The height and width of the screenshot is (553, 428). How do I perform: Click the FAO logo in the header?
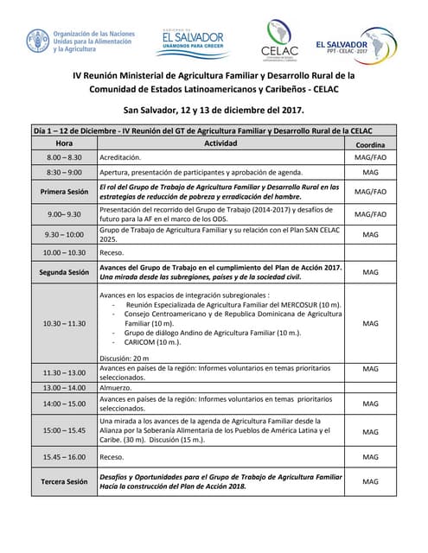[x=39, y=41]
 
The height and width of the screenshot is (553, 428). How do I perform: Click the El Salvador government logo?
[x=189, y=41]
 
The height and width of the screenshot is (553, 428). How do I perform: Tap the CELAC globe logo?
[x=279, y=39]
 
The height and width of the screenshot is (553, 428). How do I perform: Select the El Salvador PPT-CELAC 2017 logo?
[x=354, y=43]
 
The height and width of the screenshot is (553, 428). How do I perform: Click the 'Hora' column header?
[x=64, y=143]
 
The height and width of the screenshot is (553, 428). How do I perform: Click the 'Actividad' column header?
[x=220, y=143]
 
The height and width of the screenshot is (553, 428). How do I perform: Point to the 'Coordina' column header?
[x=370, y=144]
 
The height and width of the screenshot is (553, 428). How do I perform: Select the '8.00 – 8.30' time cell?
[x=64, y=158]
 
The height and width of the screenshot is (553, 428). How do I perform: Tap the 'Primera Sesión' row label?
[x=64, y=192]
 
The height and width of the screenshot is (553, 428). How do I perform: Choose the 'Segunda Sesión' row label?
[x=64, y=272]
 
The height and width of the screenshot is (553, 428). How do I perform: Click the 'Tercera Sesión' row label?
[x=64, y=481]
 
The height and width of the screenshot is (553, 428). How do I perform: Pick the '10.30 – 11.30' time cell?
[x=64, y=323]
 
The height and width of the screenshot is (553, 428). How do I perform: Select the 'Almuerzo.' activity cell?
[x=118, y=388]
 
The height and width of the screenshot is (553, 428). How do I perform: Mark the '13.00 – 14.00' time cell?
[x=64, y=388]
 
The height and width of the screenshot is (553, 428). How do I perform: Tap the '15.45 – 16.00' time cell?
[x=64, y=456]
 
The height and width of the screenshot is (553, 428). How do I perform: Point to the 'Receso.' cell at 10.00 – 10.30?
[x=112, y=252]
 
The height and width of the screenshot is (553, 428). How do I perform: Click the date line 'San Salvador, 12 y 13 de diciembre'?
[x=214, y=111]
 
